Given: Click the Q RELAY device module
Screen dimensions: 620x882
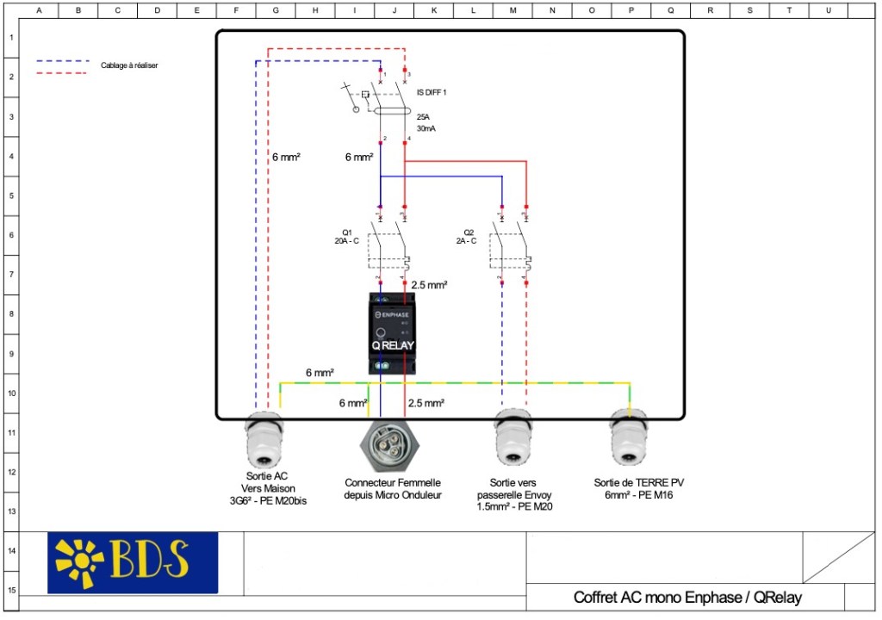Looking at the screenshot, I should [393, 332].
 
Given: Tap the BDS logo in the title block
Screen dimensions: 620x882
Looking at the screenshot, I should [133, 562].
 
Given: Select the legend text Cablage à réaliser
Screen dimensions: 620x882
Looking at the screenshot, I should [129, 65].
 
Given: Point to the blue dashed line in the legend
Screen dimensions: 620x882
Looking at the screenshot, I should [63, 61].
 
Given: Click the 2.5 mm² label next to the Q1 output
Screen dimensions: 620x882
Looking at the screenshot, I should [428, 284].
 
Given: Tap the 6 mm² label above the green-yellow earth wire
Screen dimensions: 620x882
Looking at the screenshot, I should [320, 373].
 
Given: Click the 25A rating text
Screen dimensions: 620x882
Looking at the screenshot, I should [423, 116].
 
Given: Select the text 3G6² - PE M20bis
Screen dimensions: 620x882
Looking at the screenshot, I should [264, 501].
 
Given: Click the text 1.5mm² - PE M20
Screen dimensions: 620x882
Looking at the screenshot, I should [515, 507].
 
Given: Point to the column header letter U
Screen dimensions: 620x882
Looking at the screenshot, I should [828, 10].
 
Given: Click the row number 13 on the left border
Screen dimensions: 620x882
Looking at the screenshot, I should [11, 512].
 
